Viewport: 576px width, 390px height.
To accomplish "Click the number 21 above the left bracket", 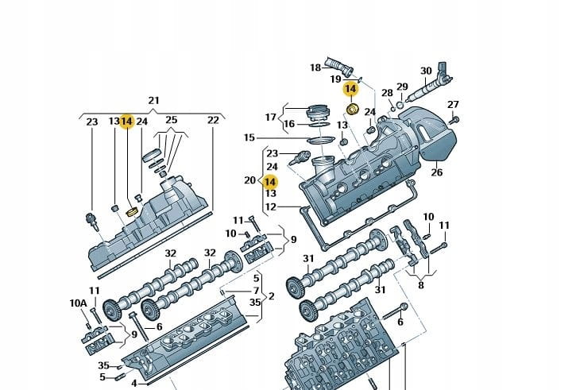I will point(153,100).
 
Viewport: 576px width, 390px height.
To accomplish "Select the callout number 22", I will point(213,121).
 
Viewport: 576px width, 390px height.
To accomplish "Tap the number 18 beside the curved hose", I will point(315,68).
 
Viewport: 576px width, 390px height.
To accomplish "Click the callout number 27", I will point(453,105).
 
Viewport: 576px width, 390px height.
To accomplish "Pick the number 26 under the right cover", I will point(436,172).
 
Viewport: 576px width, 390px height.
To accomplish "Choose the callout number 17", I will point(271,118).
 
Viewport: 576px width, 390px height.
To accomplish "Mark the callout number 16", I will point(289,124).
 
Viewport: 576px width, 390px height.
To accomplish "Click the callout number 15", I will point(249,137).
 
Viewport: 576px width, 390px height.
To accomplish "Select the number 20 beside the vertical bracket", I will point(249,180).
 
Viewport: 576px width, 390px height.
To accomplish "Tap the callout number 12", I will point(270,207).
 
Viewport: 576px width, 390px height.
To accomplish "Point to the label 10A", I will point(78,303).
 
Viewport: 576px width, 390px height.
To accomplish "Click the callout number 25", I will point(171,121).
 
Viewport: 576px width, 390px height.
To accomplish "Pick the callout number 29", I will point(402,87).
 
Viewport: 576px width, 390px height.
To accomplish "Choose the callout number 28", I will point(387,94).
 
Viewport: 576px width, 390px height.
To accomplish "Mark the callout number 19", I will point(336,79).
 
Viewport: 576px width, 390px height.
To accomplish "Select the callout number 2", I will point(271,296).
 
